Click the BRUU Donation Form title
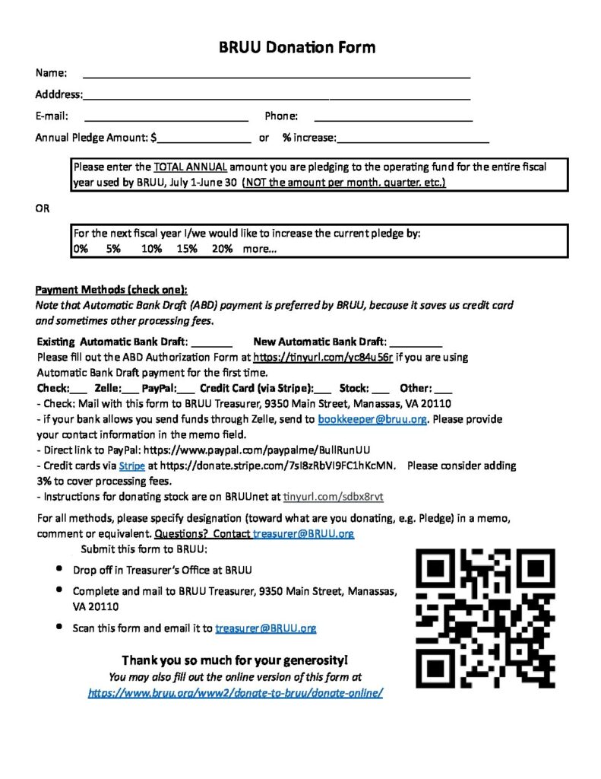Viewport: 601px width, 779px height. [297, 47]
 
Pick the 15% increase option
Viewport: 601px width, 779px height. [187, 250]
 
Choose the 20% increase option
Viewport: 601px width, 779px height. [223, 250]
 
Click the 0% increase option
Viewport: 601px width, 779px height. [81, 250]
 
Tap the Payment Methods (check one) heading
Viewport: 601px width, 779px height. [111, 290]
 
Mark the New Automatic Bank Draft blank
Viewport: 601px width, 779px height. [416, 343]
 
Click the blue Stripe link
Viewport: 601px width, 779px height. [131, 466]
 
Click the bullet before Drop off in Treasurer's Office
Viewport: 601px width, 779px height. [59, 569]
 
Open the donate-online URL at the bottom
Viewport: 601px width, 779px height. [236, 693]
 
